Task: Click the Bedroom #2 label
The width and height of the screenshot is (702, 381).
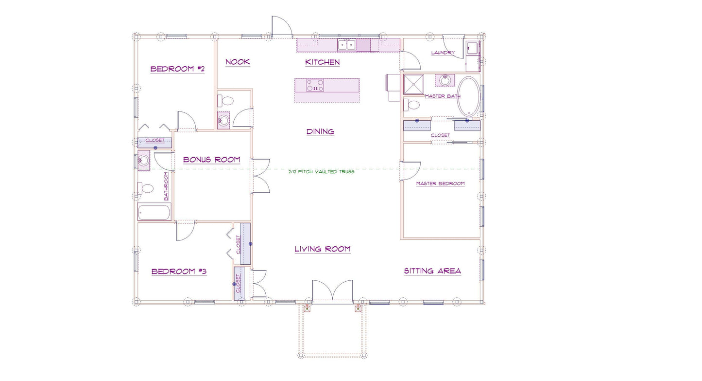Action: coord(177,69)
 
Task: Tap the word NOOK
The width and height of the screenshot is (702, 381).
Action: coord(238,62)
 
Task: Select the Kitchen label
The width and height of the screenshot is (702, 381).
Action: coord(323,62)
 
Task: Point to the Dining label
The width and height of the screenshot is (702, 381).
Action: coord(320,131)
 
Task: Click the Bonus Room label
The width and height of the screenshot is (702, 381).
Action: coord(211,160)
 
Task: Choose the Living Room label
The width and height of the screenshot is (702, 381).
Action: coord(323,249)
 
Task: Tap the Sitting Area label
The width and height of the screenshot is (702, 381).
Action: coord(432,271)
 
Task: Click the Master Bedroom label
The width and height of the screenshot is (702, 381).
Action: coord(440,183)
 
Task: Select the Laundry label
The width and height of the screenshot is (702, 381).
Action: coord(443,53)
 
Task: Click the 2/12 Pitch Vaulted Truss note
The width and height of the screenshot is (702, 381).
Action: coord(321,172)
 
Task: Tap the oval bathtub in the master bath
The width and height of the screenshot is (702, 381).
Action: coord(468,97)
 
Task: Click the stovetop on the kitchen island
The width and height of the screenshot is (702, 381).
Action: coord(315,85)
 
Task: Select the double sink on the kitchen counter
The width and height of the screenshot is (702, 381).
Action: coord(346,45)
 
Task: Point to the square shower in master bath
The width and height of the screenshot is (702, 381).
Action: coord(413,84)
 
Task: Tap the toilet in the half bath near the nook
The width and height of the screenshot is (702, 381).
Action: coord(225,101)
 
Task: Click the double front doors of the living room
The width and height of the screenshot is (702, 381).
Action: coord(332,291)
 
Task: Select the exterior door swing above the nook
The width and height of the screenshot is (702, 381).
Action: coord(282,27)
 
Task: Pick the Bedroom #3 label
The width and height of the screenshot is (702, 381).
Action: coord(179,271)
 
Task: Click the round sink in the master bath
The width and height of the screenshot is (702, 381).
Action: coord(445,80)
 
